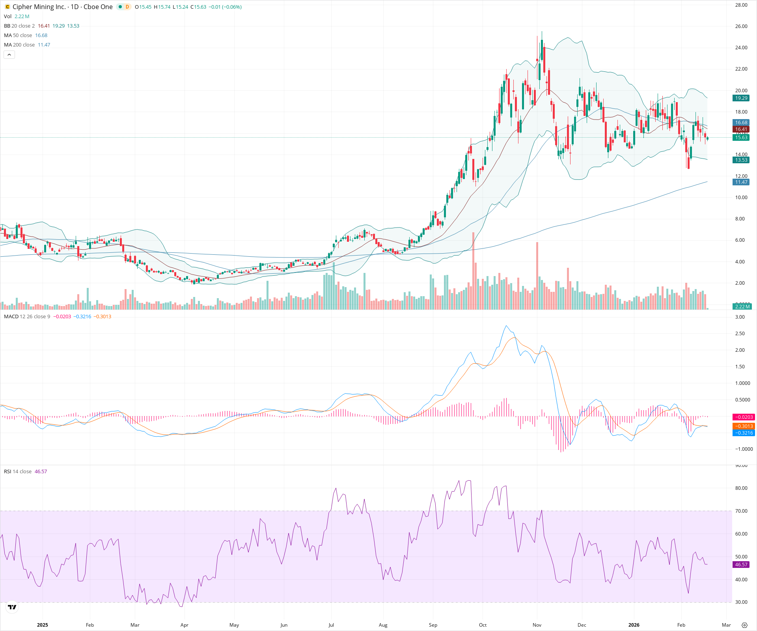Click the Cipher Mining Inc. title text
click(39, 7)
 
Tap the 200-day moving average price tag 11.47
click(741, 182)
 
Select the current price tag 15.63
click(741, 137)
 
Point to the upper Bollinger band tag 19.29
click(741, 98)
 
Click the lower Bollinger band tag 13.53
click(741, 160)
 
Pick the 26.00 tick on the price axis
click(741, 26)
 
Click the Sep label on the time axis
click(433, 625)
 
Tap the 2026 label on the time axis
click(634, 625)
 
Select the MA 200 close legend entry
click(19, 45)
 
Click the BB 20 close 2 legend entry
click(19, 26)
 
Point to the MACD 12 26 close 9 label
click(27, 317)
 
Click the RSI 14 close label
click(18, 472)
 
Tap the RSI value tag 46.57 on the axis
click(741, 565)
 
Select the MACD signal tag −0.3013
click(743, 426)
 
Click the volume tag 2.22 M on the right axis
click(742, 306)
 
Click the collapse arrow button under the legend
click(9, 55)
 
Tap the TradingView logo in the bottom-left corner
click(12, 607)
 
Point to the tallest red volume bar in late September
click(473, 272)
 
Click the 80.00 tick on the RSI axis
click(741, 488)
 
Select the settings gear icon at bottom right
click(744, 625)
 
